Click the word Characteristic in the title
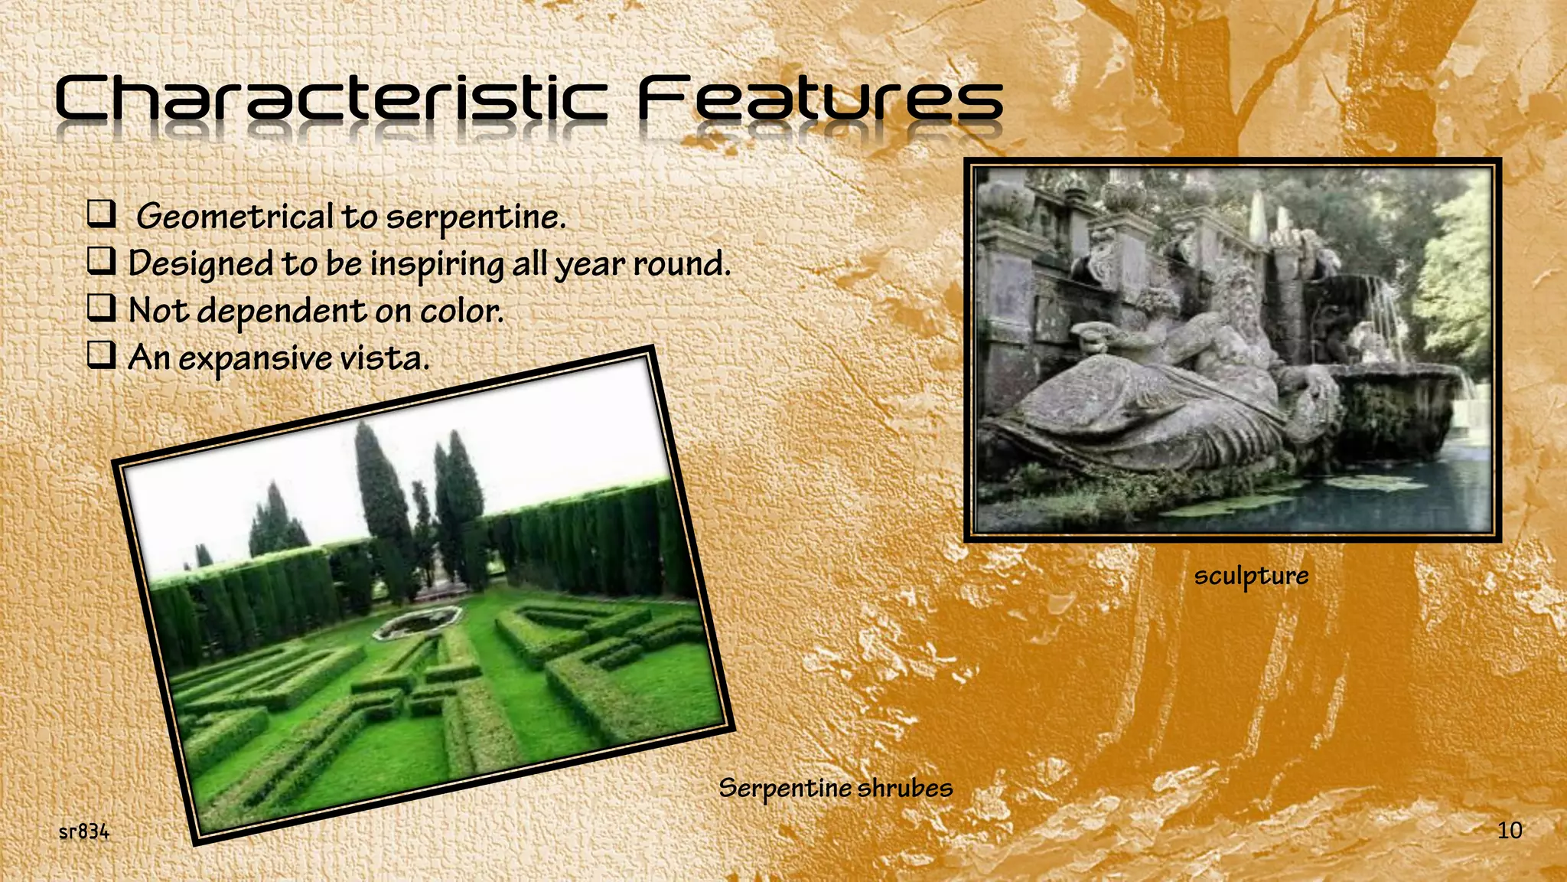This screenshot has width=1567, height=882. coord(331,100)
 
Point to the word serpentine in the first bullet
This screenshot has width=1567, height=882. coord(475,217)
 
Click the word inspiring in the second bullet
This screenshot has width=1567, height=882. coord(436,265)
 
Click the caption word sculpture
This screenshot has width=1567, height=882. coord(1251,576)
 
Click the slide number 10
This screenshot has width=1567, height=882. coord(1509,830)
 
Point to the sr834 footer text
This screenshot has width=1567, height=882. coord(84,831)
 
